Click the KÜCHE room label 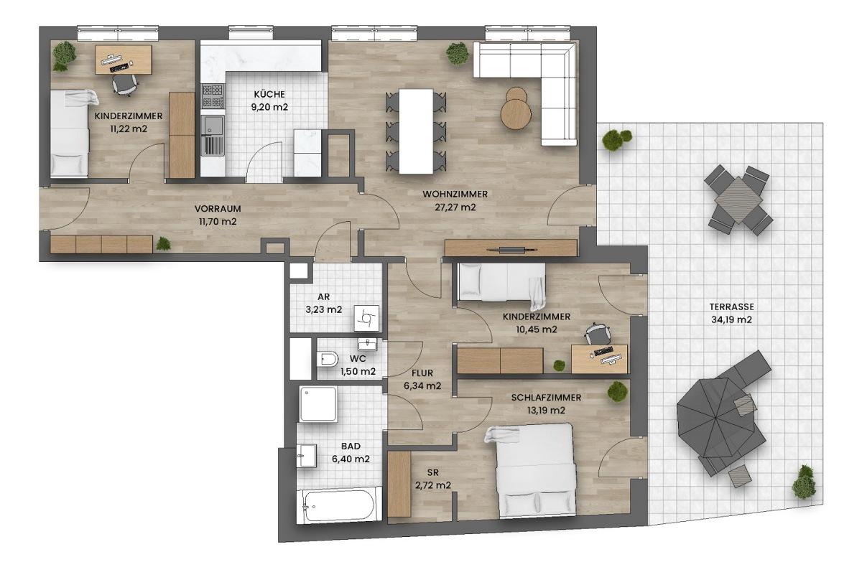(x=269, y=94)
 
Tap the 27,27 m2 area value (x=455, y=207)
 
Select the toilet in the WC (x=329, y=360)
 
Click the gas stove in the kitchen (x=213, y=95)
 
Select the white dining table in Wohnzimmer (x=416, y=131)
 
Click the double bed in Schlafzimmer (x=534, y=470)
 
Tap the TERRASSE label (x=732, y=307)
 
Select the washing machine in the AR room (x=366, y=318)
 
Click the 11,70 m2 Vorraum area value (x=218, y=222)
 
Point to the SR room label (x=433, y=472)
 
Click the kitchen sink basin (x=213, y=125)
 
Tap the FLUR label (x=422, y=373)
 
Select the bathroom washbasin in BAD (x=307, y=456)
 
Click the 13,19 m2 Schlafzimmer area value (x=546, y=411)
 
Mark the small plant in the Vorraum (x=164, y=244)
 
